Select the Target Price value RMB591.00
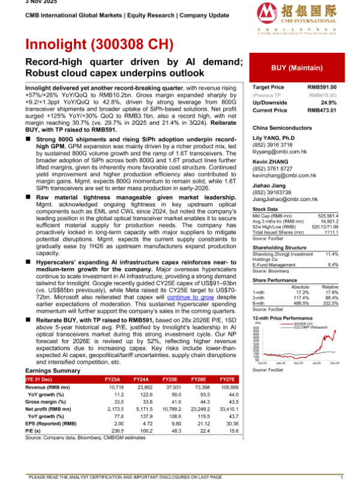pos(322,88)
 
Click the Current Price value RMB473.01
pos(322,110)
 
